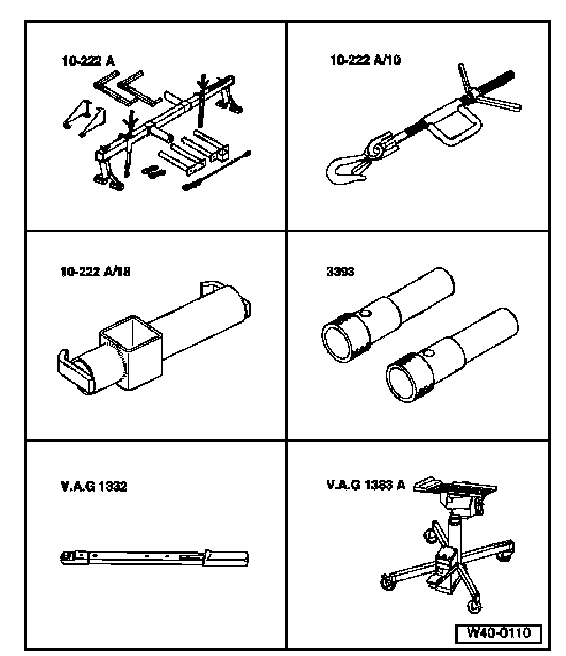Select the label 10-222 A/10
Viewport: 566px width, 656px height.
point(365,59)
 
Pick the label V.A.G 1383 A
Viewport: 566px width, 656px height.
point(365,485)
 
